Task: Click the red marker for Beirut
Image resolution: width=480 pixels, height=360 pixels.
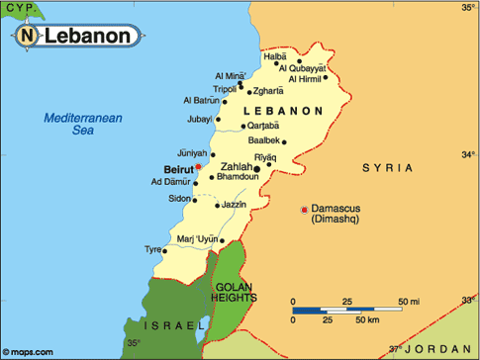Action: click(x=199, y=168)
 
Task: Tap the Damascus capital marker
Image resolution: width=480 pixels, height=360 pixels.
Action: click(x=304, y=209)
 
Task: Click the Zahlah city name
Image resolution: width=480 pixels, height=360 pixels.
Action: click(x=238, y=166)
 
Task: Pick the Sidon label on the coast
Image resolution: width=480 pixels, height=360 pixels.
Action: click(x=179, y=198)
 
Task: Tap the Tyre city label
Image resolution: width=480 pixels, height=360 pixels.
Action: click(x=153, y=250)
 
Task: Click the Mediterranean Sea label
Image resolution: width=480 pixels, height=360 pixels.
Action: click(x=82, y=123)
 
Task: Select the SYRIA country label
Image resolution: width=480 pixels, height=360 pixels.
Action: click(x=387, y=169)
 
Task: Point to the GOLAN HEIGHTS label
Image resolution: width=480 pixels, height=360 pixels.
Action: click(x=235, y=292)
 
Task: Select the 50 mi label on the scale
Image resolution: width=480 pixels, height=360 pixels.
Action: click(x=408, y=299)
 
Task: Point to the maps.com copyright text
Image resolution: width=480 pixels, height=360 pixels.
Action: click(x=30, y=350)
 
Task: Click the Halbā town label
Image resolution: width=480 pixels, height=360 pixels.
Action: click(x=274, y=56)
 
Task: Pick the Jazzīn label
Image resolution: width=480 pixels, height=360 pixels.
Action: click(x=235, y=204)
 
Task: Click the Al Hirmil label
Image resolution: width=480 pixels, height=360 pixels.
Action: click(x=305, y=79)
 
